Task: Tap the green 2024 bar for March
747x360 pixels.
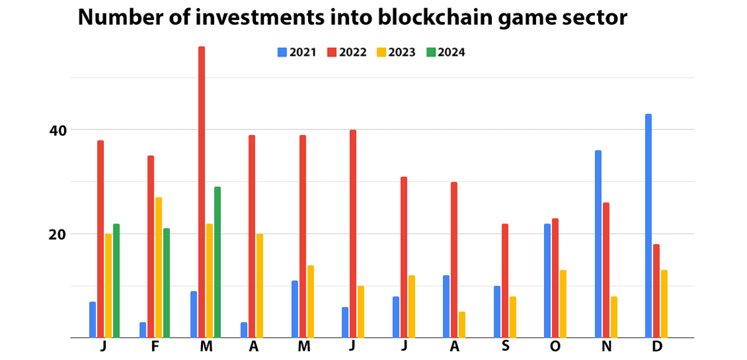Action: (217, 262)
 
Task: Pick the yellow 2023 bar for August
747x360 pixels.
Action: (462, 324)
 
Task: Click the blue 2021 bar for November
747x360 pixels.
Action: (598, 244)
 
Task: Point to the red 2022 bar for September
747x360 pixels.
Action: (505, 280)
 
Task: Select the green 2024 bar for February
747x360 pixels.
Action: (166, 283)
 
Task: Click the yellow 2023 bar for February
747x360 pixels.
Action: (158, 267)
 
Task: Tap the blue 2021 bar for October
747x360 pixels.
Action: (547, 280)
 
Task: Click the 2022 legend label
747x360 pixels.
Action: (352, 52)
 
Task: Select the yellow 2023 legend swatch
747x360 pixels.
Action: (380, 52)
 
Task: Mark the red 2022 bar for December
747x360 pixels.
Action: (656, 291)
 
